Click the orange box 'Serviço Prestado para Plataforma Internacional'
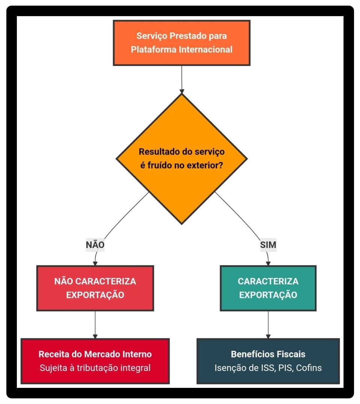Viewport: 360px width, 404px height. pyautogui.click(x=182, y=43)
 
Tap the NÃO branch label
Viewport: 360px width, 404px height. pyautogui.click(x=95, y=245)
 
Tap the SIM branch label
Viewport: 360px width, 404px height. pyautogui.click(x=268, y=245)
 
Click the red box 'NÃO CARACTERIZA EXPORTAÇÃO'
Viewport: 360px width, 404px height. pyautogui.click(x=95, y=288)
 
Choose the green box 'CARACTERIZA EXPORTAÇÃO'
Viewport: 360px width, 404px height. pyautogui.click(x=268, y=288)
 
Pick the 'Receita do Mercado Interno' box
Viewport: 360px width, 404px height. pyautogui.click(x=95, y=361)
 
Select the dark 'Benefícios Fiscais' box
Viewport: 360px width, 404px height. pyautogui.click(x=268, y=361)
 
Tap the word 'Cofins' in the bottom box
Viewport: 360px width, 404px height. pyautogui.click(x=309, y=368)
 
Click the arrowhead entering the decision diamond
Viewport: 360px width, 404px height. pyautogui.click(x=182, y=91)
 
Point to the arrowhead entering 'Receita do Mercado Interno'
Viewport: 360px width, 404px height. pyautogui.click(x=95, y=336)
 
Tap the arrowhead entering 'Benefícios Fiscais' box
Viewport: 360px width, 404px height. pyautogui.click(x=268, y=336)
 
